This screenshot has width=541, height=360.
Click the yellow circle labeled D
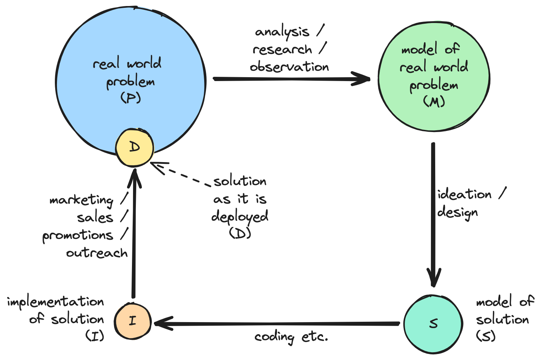[x=134, y=147]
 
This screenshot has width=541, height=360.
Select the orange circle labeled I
[x=133, y=321]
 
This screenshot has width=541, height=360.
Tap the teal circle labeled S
[x=433, y=323]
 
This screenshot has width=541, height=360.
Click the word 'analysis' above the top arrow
[x=282, y=32]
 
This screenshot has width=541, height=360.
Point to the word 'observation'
[x=289, y=67]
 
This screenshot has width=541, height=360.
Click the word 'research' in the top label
[x=282, y=50]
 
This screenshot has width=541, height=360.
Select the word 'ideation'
[x=465, y=194]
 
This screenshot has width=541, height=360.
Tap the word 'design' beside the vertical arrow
[x=457, y=212]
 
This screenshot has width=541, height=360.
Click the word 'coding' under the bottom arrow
[x=274, y=337]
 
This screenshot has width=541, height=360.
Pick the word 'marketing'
[x=82, y=200]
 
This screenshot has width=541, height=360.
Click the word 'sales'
[x=95, y=218]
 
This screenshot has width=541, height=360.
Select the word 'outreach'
[x=97, y=253]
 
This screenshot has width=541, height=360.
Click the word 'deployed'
[x=240, y=217]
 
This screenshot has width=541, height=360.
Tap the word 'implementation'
[x=56, y=302]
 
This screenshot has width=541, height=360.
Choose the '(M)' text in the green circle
[x=434, y=102]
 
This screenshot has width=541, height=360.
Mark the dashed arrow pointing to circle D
[x=180, y=175]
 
